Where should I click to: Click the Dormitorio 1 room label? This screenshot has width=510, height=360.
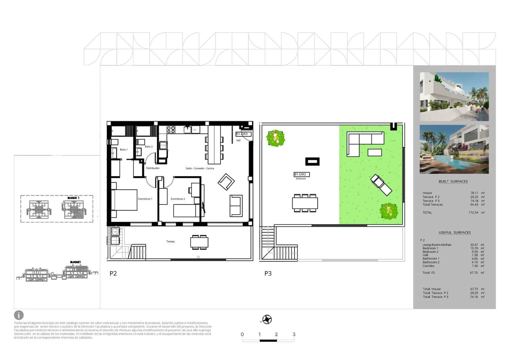pyautogui.click(x=145, y=199)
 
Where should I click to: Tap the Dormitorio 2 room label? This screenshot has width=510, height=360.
pyautogui.click(x=178, y=199)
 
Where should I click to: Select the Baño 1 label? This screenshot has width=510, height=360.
pyautogui.click(x=124, y=149)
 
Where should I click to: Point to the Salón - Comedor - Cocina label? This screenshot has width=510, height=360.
pyautogui.click(x=200, y=168)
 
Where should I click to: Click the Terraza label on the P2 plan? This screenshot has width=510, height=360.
pyautogui.click(x=170, y=241)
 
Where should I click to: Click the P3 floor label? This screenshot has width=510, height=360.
pyautogui.click(x=268, y=273)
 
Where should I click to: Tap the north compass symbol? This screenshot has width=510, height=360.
pyautogui.click(x=267, y=319)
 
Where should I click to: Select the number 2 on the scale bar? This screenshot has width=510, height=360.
pyautogui.click(x=276, y=334)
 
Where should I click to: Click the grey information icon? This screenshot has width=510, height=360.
pyautogui.click(x=19, y=315)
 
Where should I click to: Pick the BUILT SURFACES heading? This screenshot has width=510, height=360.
pyautogui.click(x=453, y=181)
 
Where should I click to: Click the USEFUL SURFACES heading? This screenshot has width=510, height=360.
pyautogui.click(x=454, y=232)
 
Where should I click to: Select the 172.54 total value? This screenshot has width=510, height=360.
pyautogui.click(x=473, y=212)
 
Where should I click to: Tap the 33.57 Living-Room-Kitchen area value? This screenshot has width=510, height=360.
pyautogui.click(x=474, y=245)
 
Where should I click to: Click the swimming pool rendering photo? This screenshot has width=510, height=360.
pyautogui.click(x=454, y=149)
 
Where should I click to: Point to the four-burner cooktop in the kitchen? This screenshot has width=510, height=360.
pyautogui.click(x=171, y=129)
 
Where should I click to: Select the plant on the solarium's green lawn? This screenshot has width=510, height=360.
pyautogui.click(x=389, y=211)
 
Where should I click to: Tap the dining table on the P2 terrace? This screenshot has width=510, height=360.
pyautogui.click(x=199, y=242)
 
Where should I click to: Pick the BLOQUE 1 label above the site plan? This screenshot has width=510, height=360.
pyautogui.click(x=73, y=198)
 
